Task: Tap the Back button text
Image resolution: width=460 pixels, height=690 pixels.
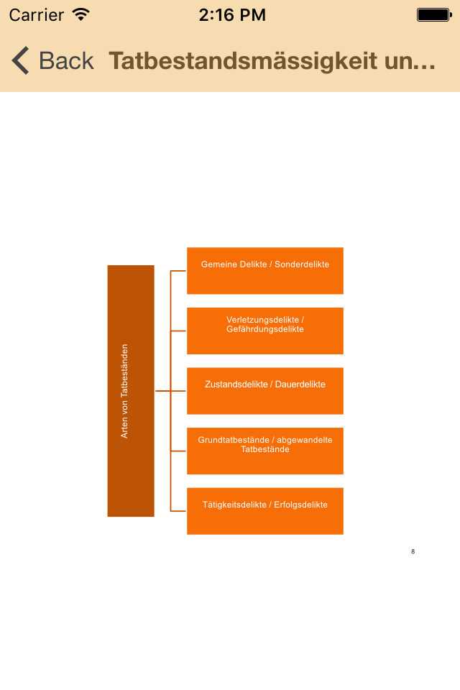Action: (66, 61)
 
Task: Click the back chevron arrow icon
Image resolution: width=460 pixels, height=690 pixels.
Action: (20, 61)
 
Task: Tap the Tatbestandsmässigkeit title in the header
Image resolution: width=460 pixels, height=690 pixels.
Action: (272, 61)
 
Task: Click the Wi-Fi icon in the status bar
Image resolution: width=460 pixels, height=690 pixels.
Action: (81, 14)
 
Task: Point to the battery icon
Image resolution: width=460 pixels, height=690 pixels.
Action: (433, 14)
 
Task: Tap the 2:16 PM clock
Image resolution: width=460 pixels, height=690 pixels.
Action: (231, 14)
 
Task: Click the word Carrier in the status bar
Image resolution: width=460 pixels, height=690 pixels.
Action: (36, 14)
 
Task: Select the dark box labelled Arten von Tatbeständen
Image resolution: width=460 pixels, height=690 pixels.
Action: (131, 391)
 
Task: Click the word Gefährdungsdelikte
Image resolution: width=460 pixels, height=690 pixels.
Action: (265, 329)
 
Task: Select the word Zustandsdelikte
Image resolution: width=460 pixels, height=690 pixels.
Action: (236, 385)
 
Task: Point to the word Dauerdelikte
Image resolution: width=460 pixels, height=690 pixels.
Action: (300, 385)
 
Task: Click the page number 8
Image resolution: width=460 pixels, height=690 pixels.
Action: (413, 551)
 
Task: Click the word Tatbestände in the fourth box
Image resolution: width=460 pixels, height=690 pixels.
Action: (265, 449)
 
